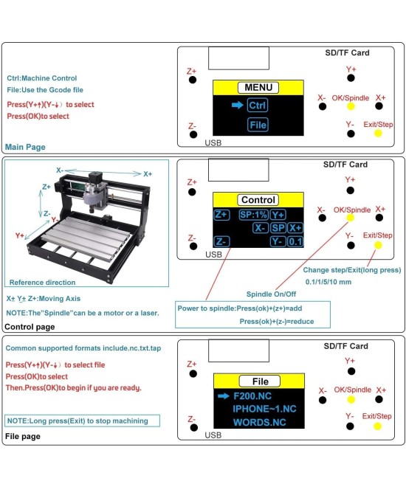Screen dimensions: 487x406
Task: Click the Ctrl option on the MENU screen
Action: (258, 106)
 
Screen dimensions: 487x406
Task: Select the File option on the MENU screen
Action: (258, 125)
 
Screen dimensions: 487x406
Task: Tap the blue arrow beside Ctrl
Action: (237, 106)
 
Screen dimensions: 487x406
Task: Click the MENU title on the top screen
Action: (258, 88)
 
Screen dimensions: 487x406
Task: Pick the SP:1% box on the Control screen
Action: (252, 215)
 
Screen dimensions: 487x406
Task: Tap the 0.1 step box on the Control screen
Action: (295, 241)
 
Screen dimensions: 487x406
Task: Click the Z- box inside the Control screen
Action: (221, 241)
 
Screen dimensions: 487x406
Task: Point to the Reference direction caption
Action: (42, 282)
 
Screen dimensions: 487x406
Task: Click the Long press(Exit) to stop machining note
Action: (78, 421)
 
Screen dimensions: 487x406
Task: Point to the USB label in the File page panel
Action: (213, 435)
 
